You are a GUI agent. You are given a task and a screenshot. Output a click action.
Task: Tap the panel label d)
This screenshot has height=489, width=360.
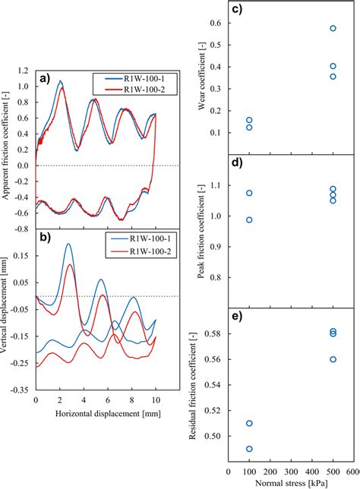[236, 163]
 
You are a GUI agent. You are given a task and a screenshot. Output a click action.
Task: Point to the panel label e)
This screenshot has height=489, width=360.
[236, 317]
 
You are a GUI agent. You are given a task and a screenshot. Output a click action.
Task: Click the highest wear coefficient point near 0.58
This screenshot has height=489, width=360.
[333, 29]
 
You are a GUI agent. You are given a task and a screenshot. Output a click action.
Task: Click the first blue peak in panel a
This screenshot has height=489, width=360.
[61, 81]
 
